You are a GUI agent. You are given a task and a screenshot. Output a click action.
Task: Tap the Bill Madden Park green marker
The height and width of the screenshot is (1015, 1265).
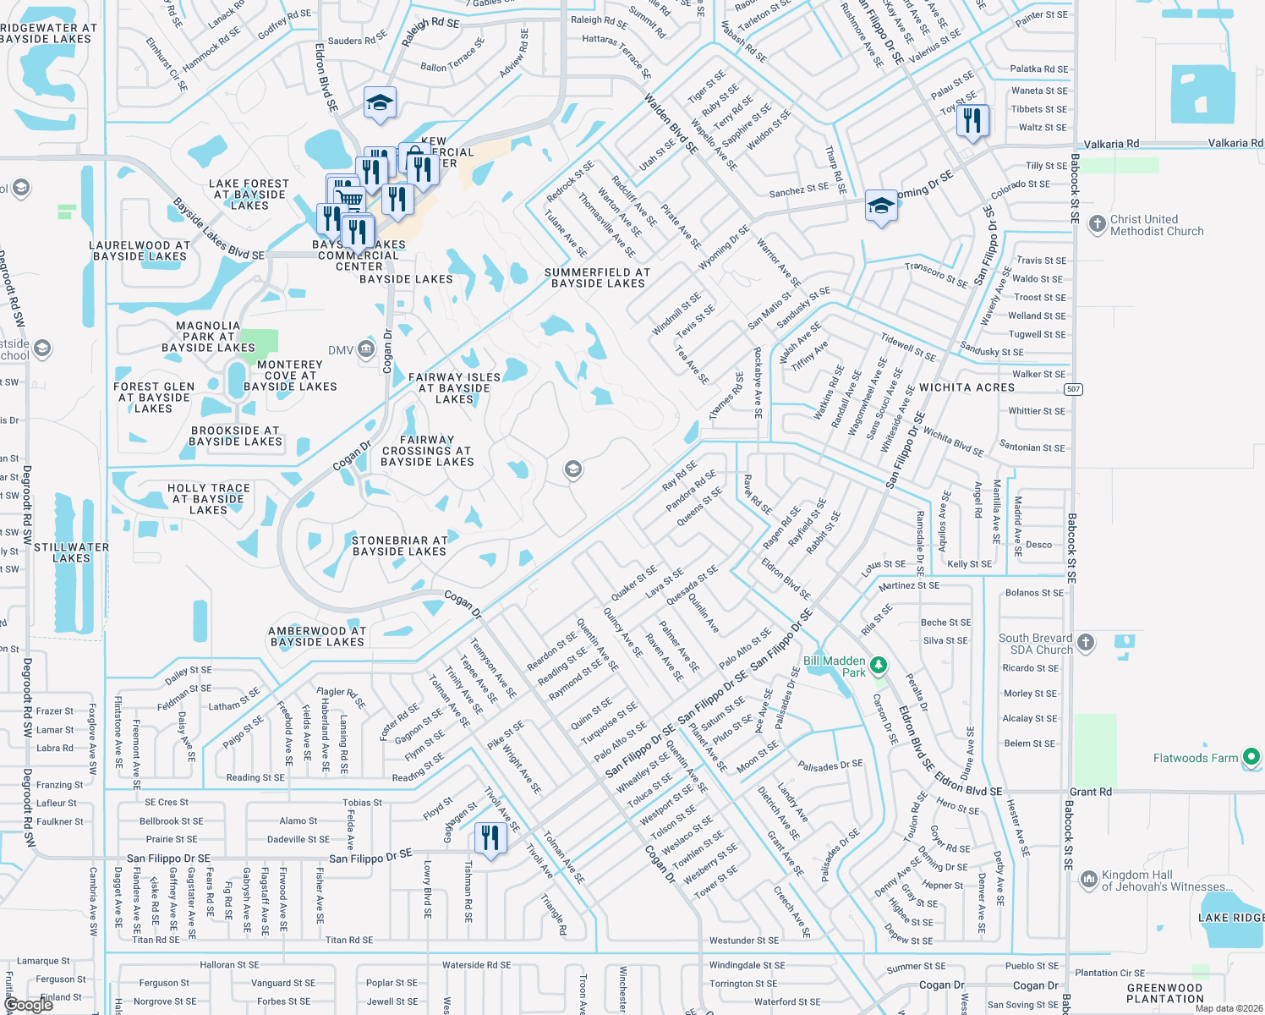[879, 665]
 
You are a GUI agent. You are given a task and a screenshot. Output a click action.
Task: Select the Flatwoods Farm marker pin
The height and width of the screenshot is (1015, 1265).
[1251, 757]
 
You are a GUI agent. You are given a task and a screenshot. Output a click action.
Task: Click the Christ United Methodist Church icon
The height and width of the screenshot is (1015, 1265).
[1097, 224]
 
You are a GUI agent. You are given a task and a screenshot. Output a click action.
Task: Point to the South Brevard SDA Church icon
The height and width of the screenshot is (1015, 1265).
[1086, 643]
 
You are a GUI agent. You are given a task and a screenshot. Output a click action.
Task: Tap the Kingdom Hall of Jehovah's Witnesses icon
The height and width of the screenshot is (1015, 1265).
[1088, 880]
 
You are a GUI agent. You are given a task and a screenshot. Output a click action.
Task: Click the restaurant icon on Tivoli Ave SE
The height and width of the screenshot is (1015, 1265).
[490, 837]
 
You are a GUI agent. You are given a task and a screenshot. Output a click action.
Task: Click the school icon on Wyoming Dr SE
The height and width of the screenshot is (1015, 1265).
[880, 206]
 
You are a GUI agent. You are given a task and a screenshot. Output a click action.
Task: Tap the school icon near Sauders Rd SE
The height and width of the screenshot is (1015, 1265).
[380, 102]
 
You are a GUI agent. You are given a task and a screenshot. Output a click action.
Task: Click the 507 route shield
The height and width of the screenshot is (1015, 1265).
[1073, 389]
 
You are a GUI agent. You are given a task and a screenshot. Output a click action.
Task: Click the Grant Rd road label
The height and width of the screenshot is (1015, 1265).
[1091, 792]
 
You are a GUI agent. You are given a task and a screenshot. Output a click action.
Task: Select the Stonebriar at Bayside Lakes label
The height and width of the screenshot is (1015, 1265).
[399, 546]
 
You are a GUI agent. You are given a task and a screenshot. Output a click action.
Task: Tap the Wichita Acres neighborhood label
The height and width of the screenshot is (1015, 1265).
[967, 387]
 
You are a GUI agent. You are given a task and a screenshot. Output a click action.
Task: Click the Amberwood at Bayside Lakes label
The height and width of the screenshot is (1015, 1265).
[317, 636]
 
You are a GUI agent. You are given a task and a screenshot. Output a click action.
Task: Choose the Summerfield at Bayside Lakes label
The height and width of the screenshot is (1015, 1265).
[597, 278]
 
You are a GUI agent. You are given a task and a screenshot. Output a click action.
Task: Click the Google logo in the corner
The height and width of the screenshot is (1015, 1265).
[28, 1005]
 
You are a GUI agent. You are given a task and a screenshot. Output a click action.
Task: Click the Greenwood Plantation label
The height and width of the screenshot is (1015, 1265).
[1164, 993]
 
